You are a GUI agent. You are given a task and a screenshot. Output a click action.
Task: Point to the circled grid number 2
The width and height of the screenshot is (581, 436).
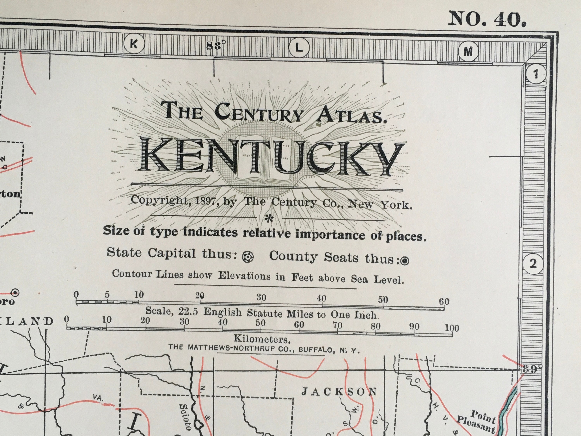pos(533,264)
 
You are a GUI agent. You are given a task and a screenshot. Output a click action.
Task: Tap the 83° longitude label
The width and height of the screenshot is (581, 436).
pos(216,46)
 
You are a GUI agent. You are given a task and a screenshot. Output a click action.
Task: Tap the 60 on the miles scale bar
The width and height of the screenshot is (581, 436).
pos(444,302)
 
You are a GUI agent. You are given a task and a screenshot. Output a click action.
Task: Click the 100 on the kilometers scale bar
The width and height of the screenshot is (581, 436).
pos(452,328)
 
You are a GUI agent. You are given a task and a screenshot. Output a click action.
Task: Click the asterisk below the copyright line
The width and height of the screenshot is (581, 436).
pos(269,218)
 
